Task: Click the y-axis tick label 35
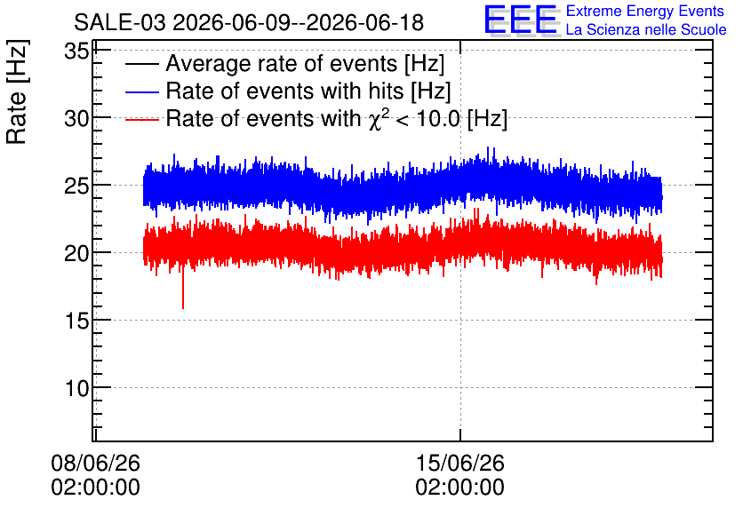(x=76, y=51)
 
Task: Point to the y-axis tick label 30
(x=76, y=118)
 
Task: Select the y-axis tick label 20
(x=76, y=253)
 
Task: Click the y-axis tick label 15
(x=76, y=321)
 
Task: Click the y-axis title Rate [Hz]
(x=17, y=91)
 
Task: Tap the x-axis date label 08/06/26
(x=95, y=463)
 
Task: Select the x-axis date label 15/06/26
(x=460, y=463)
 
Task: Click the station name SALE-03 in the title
(x=120, y=23)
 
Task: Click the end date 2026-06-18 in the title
(x=365, y=23)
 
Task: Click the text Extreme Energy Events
(x=645, y=11)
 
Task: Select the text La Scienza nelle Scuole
(x=646, y=29)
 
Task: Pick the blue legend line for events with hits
(x=141, y=92)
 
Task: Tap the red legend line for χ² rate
(x=141, y=120)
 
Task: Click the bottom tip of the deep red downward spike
(x=183, y=309)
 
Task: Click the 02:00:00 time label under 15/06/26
(x=460, y=488)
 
